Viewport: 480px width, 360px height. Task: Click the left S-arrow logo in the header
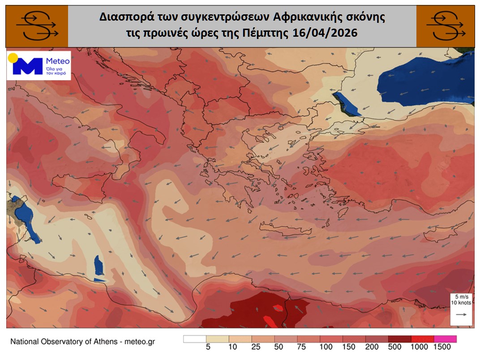tap(37, 26)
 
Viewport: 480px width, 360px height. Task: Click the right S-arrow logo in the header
tap(446, 26)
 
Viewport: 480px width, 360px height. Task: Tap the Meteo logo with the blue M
tap(39, 66)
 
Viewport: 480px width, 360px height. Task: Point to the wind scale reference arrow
tap(460, 315)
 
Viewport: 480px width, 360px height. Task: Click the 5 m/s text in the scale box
tap(460, 296)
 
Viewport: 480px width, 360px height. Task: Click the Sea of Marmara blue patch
tap(347, 104)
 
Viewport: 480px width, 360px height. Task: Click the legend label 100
tap(326, 347)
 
